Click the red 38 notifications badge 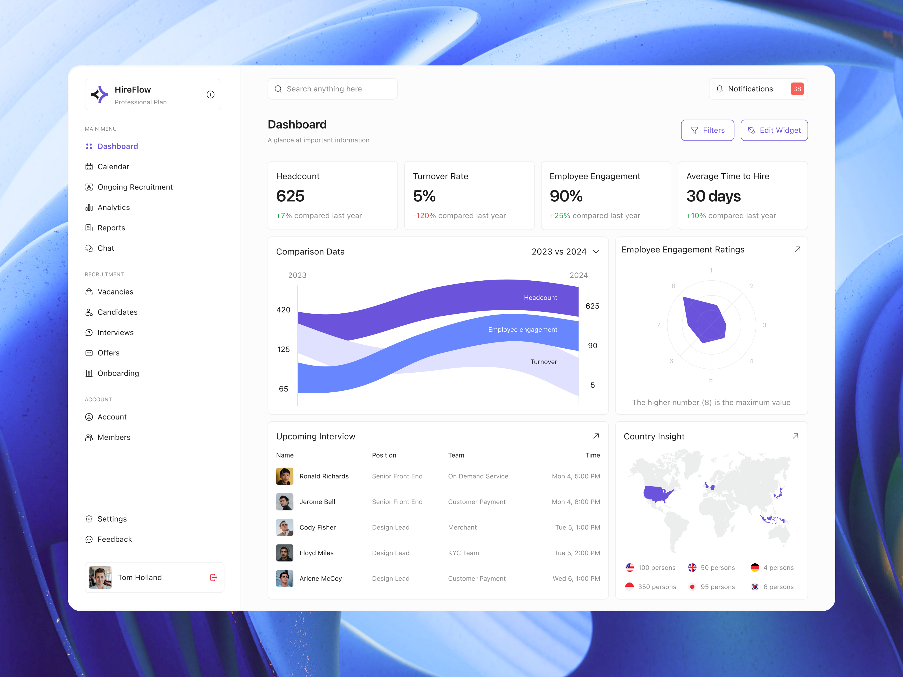797,89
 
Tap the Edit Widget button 774,130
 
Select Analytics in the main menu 113,207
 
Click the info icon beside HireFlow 211,95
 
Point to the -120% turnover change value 424,216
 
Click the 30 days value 713,196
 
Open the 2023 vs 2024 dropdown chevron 596,252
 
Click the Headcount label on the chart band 540,298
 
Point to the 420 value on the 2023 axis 283,310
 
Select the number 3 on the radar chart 764,325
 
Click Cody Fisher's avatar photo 284,527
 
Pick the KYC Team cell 463,553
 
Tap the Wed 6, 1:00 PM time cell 576,578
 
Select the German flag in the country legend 755,568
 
